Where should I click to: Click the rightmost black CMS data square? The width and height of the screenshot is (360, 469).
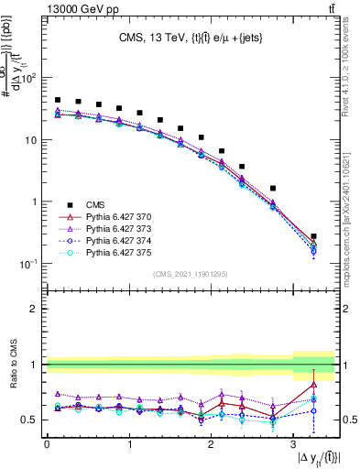click(314, 236)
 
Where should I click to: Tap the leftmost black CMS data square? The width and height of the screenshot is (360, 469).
click(58, 100)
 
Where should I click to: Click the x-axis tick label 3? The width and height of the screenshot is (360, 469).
click(292, 443)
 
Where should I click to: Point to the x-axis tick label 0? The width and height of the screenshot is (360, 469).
click(47, 443)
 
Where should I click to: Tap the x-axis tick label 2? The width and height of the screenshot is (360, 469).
click(211, 443)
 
